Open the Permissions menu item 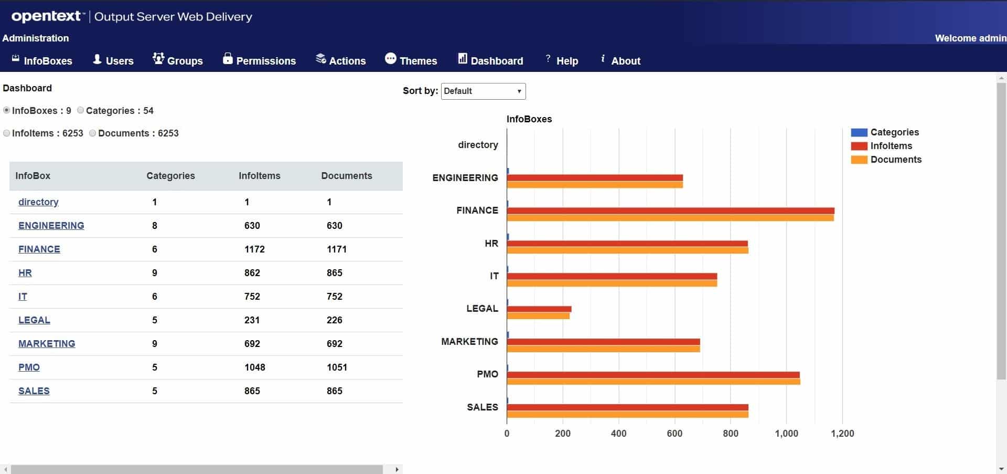[x=259, y=60]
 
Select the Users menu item [x=113, y=60]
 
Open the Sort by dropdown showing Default [x=483, y=91]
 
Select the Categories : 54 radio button [x=81, y=110]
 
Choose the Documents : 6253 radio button [x=93, y=133]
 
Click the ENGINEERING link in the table [x=51, y=225]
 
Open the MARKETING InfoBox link [x=47, y=343]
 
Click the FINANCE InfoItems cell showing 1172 [x=254, y=249]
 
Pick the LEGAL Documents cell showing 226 [x=334, y=320]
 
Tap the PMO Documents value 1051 [x=337, y=367]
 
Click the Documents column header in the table [x=346, y=176]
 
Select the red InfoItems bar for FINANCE [x=670, y=211]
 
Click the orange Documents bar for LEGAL [x=538, y=316]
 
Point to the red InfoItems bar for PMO [x=653, y=375]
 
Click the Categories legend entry [x=894, y=132]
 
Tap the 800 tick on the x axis [x=730, y=433]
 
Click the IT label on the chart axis [x=494, y=276]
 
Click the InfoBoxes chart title [x=529, y=119]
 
